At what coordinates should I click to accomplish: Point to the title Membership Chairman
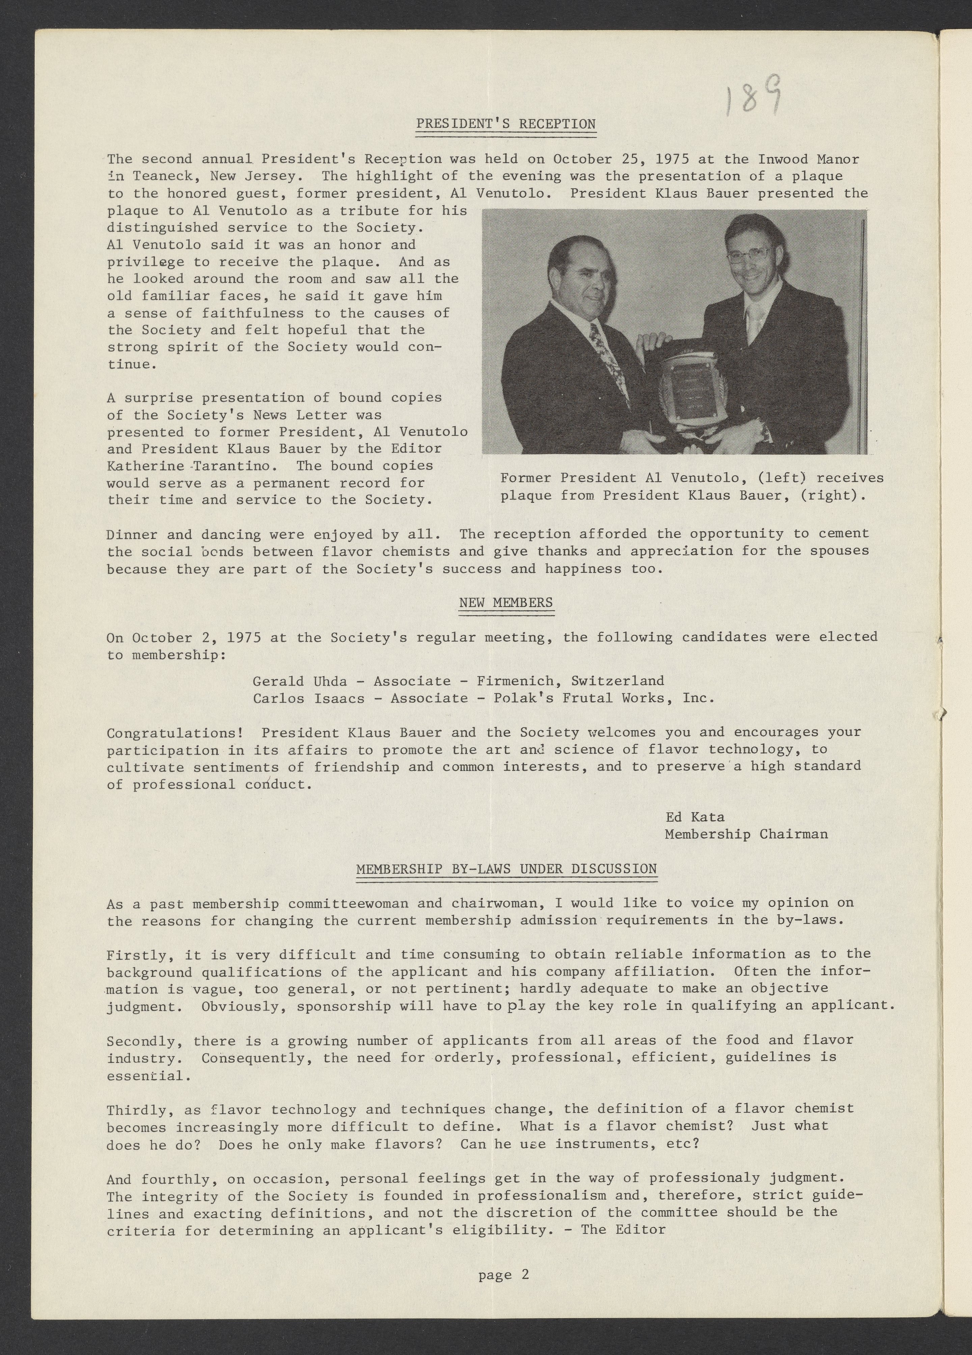(746, 834)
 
